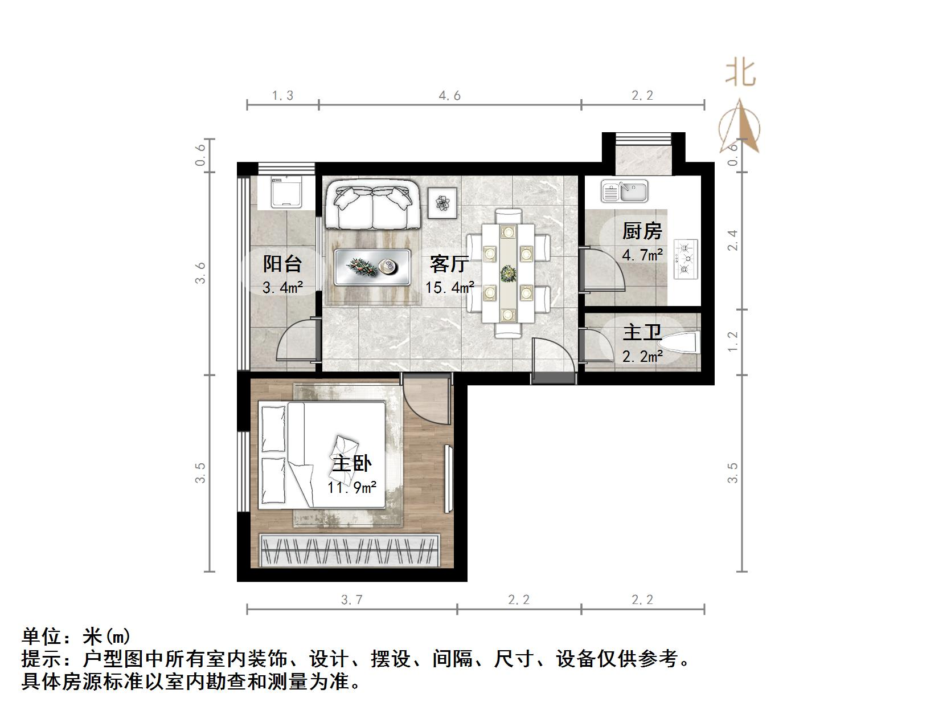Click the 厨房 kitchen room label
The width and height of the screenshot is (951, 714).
pos(642,231)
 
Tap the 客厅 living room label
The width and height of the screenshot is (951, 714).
pos(449,264)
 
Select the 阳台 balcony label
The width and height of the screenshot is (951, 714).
pos(282,264)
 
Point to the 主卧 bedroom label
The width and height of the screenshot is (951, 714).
pos(351,463)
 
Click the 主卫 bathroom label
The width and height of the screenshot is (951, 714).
pos(642,332)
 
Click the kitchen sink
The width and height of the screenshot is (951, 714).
pos(625,191)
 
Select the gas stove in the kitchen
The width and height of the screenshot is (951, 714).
pos(686,259)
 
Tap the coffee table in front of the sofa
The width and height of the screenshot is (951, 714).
pos(372,267)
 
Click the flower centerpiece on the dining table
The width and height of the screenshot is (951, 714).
pos(507,274)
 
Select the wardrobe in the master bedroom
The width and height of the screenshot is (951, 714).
pos(350,550)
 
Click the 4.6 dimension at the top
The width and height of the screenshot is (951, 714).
pos(449,96)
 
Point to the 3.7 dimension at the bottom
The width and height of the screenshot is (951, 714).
pos(351,599)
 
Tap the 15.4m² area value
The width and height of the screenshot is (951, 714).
pos(450,287)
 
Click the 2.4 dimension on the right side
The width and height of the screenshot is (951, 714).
pos(732,240)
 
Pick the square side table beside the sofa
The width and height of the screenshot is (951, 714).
pos(442,202)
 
